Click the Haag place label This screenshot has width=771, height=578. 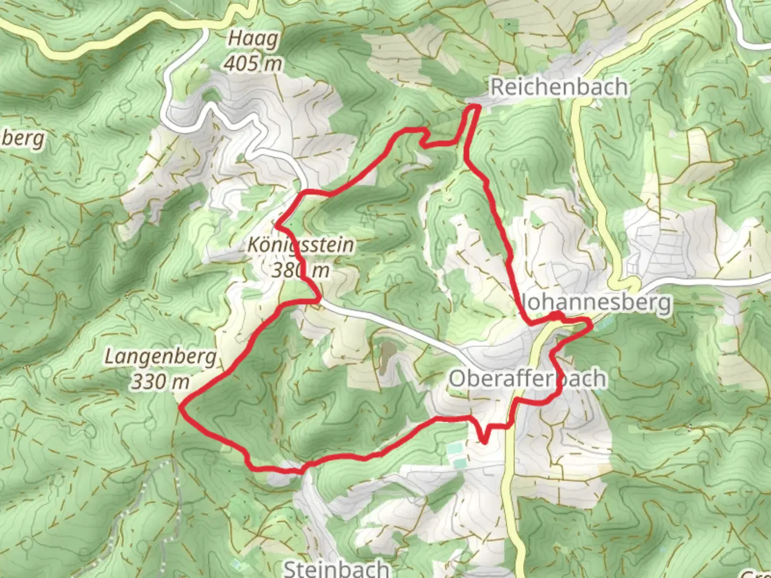(253, 39)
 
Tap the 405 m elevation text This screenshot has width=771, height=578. (253, 64)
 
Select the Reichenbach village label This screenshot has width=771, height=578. (559, 87)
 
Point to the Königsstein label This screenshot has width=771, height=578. (301, 245)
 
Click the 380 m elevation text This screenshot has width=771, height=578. (300, 270)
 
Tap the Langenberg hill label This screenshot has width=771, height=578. (161, 357)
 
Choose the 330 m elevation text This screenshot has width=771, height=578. (161, 382)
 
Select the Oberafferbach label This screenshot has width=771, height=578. (527, 379)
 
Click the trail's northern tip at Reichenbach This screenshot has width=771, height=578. (474, 108)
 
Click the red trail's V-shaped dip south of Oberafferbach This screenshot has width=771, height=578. (484, 441)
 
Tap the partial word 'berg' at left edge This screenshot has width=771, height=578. (24, 139)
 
